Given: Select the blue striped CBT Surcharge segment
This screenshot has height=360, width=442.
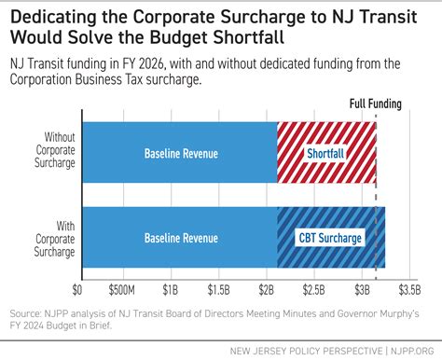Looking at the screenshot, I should tap(331, 237).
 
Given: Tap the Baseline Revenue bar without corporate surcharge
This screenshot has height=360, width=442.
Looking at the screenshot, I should tap(180, 152).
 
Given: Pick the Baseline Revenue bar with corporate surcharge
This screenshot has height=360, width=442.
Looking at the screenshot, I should tap(180, 237).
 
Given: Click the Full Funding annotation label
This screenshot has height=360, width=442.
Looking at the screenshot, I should tap(376, 104).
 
